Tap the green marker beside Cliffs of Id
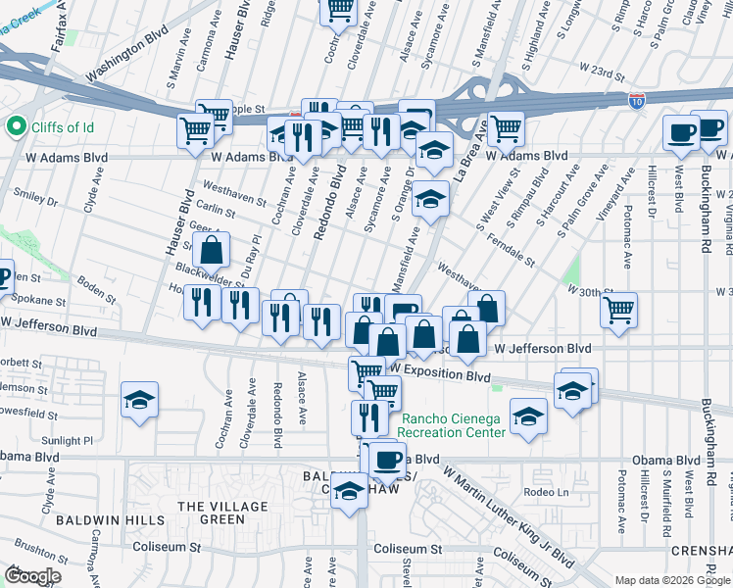(15, 125)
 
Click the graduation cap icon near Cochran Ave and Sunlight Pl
(140, 400)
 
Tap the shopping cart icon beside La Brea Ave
(506, 127)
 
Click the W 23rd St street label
(602, 73)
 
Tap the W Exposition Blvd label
(440, 376)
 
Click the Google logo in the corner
(32, 575)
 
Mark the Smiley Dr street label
(36, 199)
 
